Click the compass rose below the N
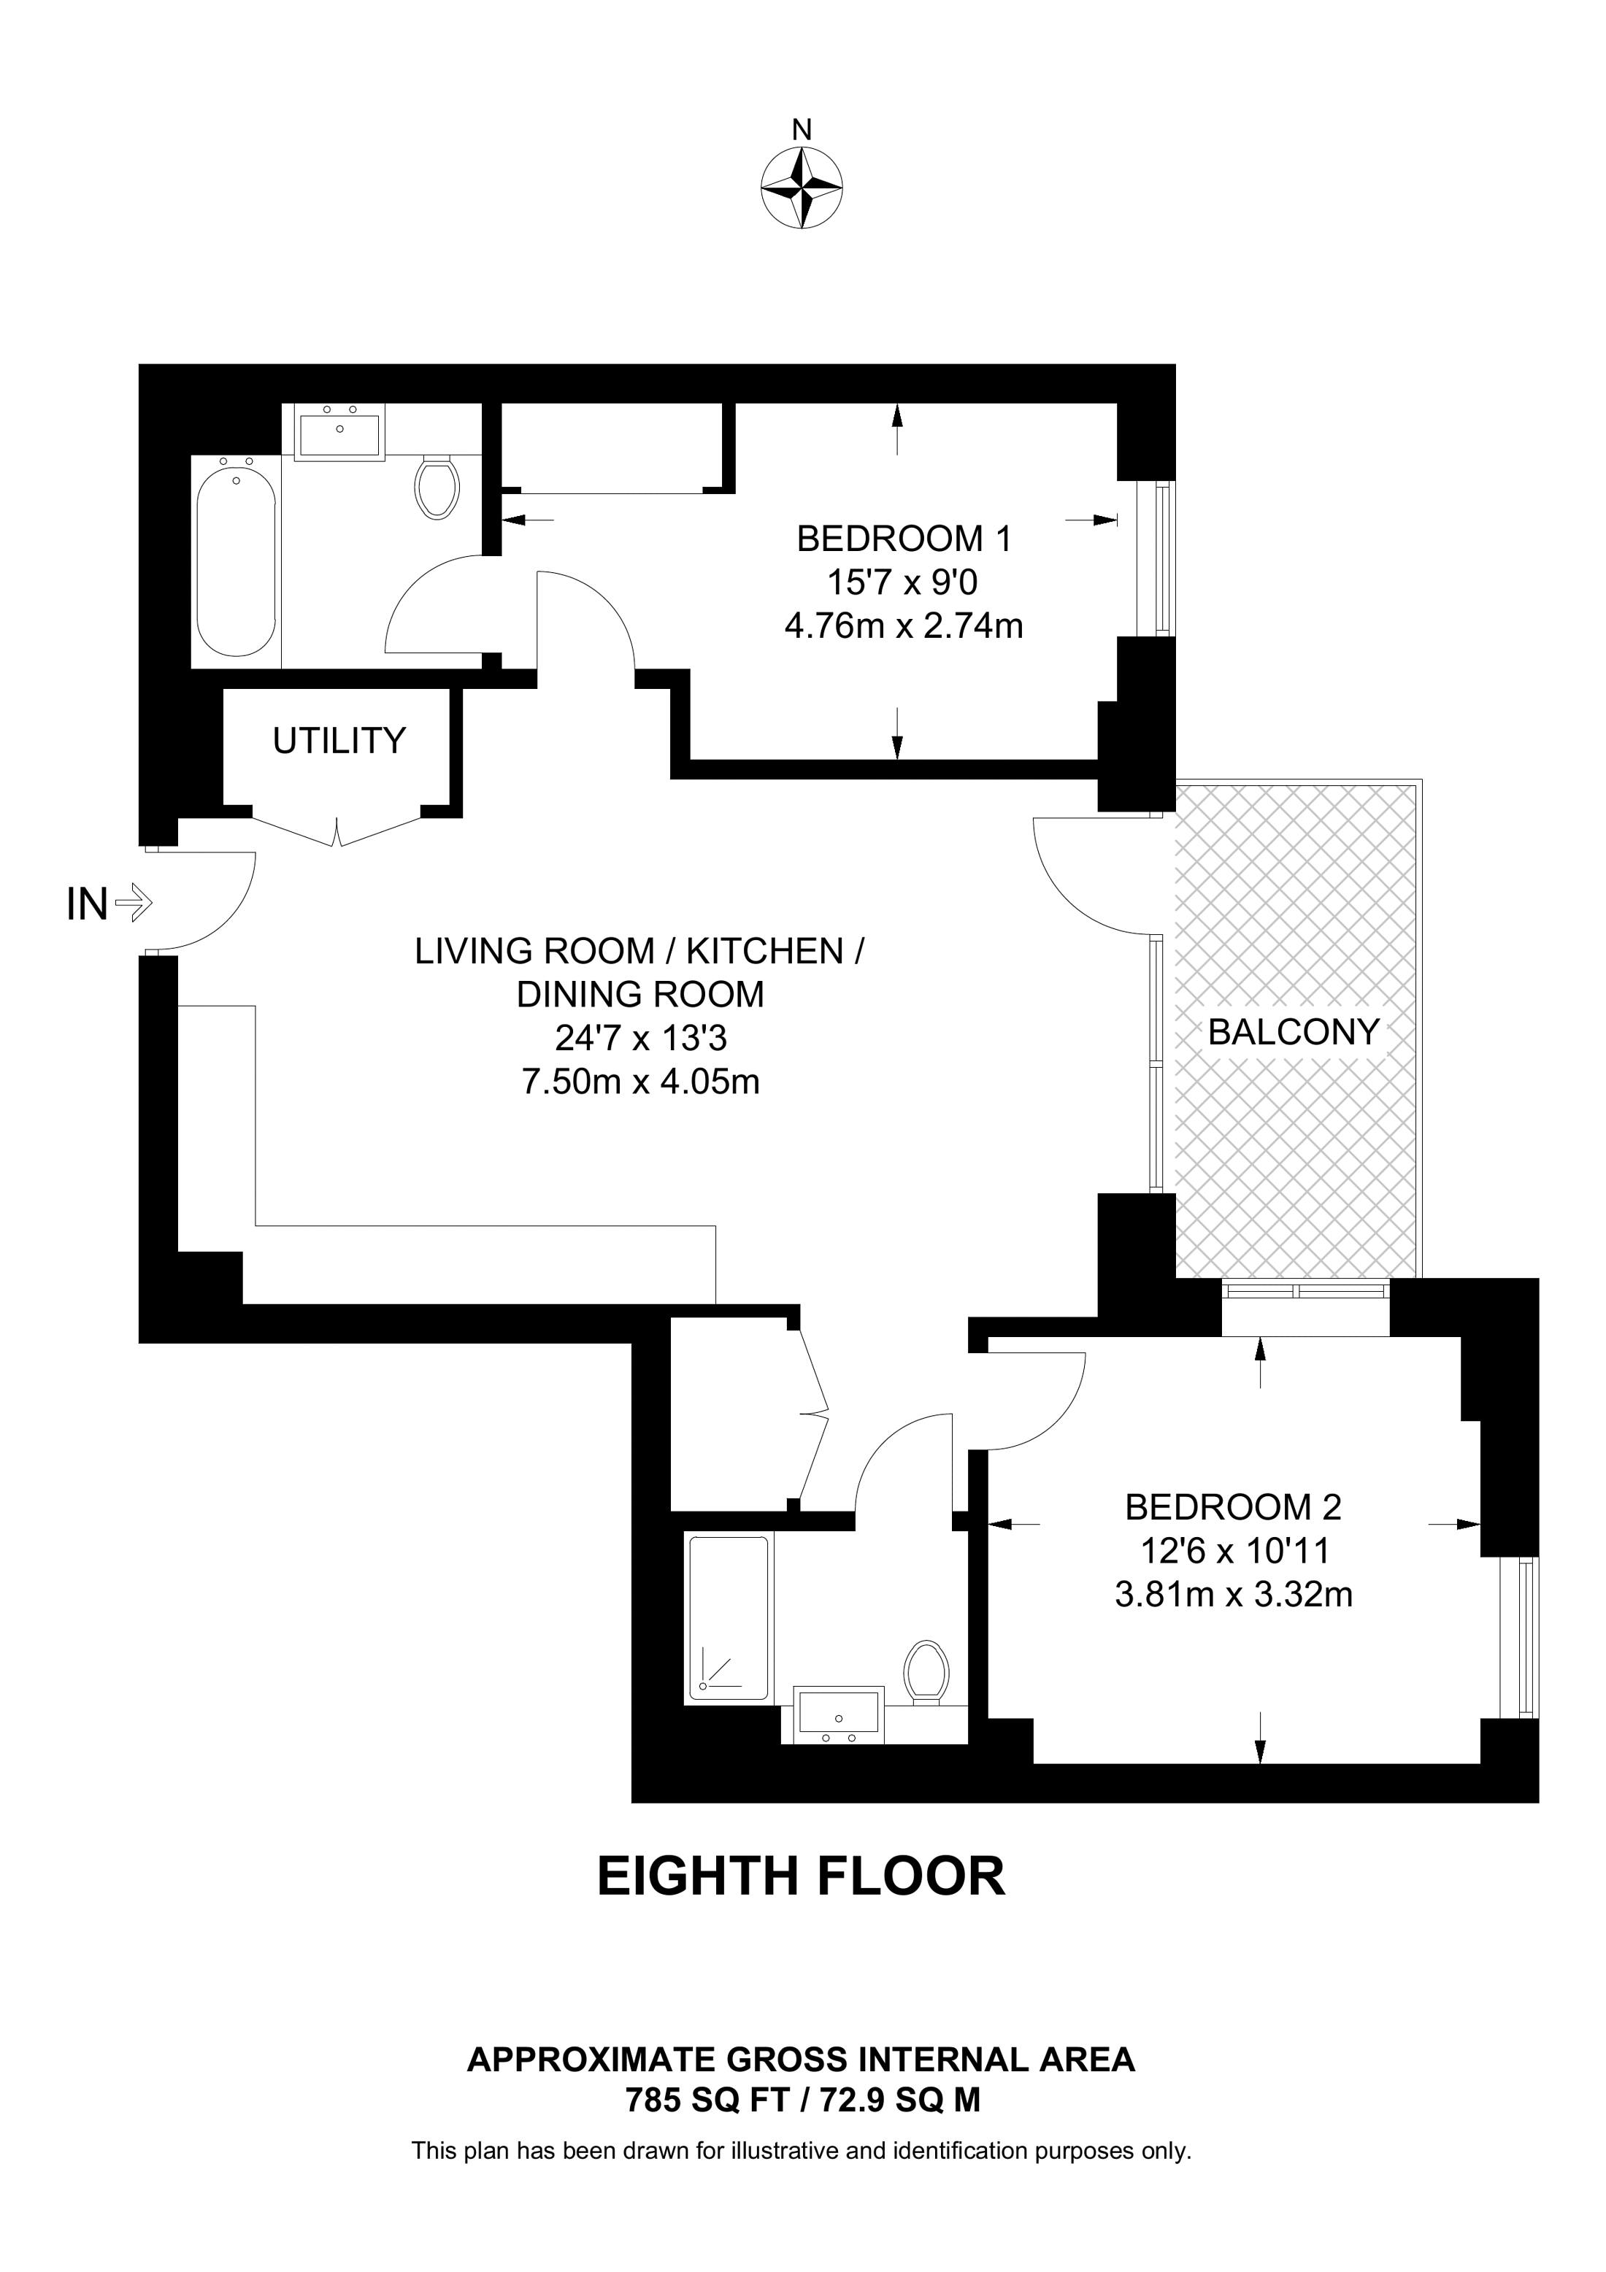coord(802,188)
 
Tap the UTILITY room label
coord(339,740)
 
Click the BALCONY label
coord(1294,1032)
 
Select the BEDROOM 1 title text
coord(904,539)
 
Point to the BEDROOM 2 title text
coord(1233,1507)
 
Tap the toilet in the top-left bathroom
coord(437,487)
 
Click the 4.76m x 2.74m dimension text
coord(904,626)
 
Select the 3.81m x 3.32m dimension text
coord(1233,1594)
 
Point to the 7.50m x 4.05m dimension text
coord(640,1082)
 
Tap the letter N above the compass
coord(802,128)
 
